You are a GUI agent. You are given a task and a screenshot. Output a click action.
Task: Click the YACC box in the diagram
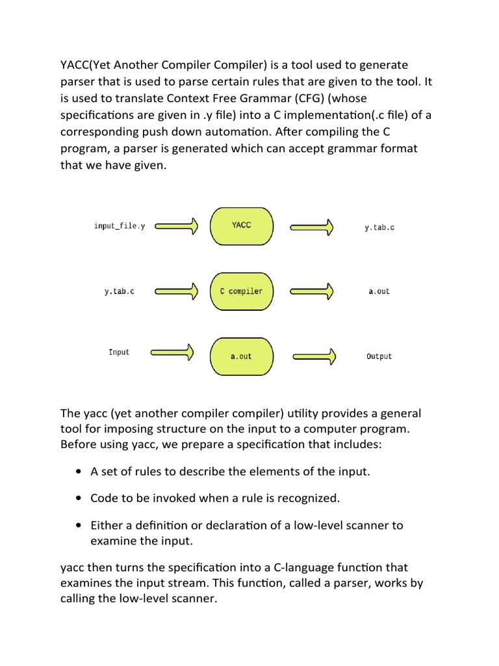coord(241,226)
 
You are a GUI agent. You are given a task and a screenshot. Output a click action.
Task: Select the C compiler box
coord(241,291)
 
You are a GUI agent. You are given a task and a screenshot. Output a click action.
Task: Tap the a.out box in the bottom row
coord(241,356)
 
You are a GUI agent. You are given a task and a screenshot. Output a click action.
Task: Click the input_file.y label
coord(120,226)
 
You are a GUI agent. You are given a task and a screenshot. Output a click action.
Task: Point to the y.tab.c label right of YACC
coord(379,228)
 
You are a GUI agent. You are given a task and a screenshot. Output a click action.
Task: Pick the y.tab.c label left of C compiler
coord(120,291)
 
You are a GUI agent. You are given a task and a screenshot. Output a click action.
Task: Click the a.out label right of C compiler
coord(379,291)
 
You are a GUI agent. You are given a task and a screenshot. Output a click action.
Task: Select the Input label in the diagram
coord(119,352)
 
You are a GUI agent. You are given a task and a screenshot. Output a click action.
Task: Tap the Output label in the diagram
coord(379,356)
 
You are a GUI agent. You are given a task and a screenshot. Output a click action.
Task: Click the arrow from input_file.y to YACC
coord(174,226)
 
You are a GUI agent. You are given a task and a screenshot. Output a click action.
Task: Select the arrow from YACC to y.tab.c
coord(312,227)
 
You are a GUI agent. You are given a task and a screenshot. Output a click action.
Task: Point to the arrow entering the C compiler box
coord(174,291)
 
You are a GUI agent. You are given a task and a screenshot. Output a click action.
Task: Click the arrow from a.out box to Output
coord(314,356)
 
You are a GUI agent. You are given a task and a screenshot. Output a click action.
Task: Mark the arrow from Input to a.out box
coord(173,353)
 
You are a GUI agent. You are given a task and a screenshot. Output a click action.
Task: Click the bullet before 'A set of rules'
coord(79,472)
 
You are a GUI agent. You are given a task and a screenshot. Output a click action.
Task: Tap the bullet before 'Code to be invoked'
coord(79,499)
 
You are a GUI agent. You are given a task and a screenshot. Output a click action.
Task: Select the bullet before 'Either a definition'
coord(79,526)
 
